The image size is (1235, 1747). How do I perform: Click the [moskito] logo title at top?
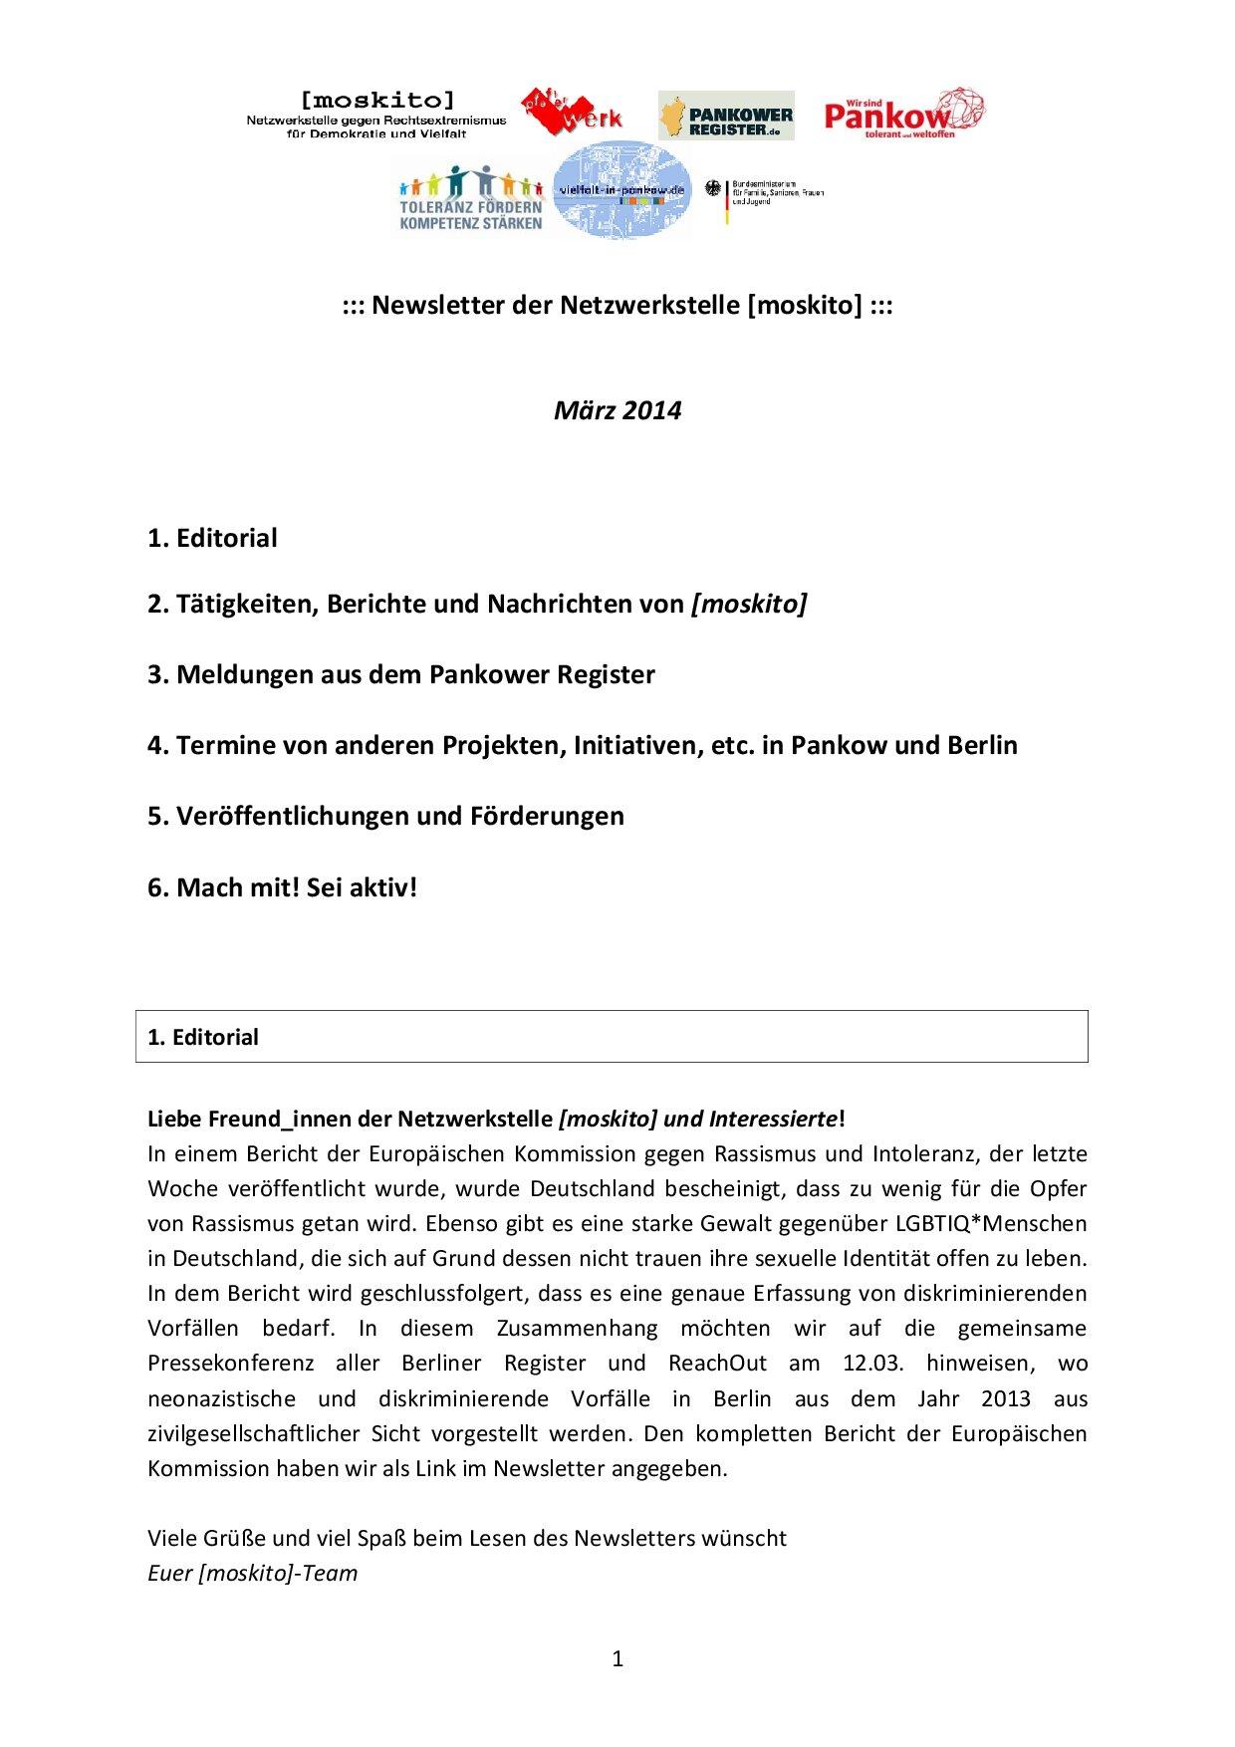coord(376,100)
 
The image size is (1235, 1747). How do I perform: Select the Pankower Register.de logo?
coord(726,116)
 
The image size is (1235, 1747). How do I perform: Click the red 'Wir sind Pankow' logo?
coord(904,112)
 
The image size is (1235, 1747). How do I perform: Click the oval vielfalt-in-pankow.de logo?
coord(621,190)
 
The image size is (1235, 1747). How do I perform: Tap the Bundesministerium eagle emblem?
coord(713,188)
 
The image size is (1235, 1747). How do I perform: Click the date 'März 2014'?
coord(617,410)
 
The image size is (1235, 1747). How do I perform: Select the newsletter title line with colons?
coord(617,305)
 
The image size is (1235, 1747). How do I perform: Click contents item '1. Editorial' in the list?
coord(212,539)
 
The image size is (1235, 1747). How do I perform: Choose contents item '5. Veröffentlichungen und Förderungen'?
coord(385,816)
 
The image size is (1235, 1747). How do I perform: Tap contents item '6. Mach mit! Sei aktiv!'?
coord(282,887)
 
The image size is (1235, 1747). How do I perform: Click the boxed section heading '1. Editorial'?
coord(203,1037)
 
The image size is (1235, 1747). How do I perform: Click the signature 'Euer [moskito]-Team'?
coord(252,1574)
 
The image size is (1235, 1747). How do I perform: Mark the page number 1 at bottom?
coord(617,1658)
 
